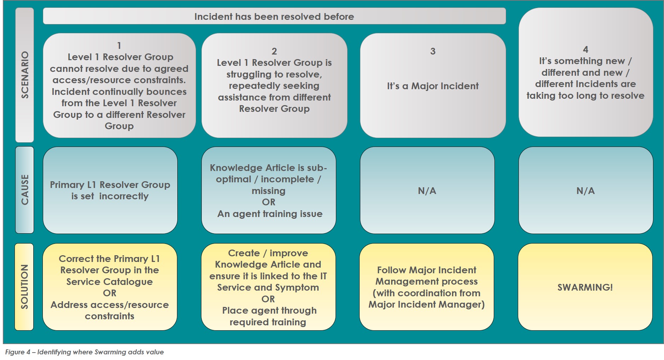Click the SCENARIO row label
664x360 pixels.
pos(25,75)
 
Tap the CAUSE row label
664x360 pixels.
pos(25,190)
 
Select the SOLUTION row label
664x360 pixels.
pos(24,287)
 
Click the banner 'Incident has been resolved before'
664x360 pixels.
pos(274,16)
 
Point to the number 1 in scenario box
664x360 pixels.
pos(119,46)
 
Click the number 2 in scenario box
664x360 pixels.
pos(274,51)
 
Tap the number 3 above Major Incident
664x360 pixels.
pos(433,51)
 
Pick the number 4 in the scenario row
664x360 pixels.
pos(585,50)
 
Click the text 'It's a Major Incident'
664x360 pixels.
pos(433,86)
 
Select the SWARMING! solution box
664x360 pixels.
pos(585,287)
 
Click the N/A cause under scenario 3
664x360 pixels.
pos(427,191)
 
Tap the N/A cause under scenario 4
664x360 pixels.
pos(585,191)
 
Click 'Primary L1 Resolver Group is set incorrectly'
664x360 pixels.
pos(110,190)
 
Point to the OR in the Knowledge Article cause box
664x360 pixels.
pos(269,202)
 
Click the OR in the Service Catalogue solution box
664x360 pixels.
pos(110,293)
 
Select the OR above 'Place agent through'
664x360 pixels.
pos(268,299)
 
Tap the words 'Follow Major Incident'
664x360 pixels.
pos(427,270)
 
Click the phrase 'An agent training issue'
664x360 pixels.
pos(270,214)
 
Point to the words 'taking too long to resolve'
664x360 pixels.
pos(585,96)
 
